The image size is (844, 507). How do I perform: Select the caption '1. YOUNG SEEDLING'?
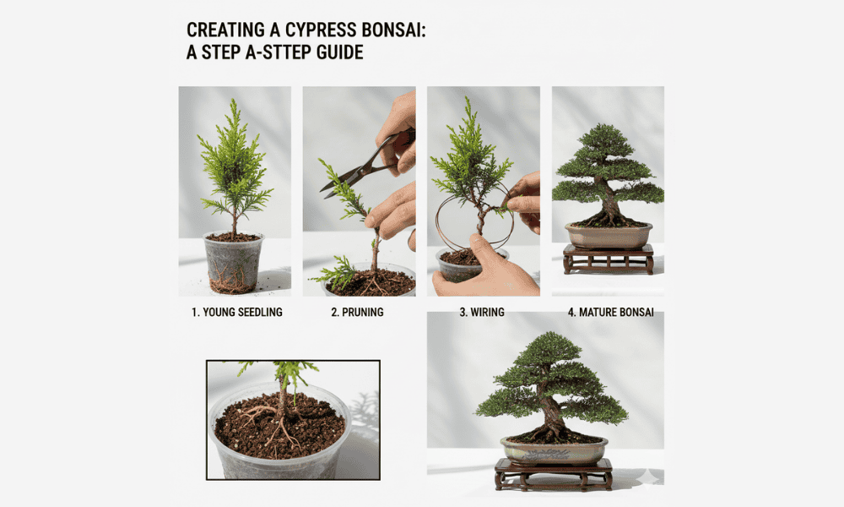[237, 312]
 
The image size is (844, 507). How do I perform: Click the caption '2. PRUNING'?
[357, 312]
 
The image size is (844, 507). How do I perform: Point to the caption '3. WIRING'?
[482, 312]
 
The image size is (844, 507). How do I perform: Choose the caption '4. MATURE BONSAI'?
[611, 312]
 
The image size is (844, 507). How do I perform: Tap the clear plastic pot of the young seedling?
[234, 263]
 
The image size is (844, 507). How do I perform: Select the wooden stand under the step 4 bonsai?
[609, 259]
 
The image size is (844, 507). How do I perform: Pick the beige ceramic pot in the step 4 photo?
[609, 236]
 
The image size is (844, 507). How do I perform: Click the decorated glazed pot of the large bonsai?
[554, 450]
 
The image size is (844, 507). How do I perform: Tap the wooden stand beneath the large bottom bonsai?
[554, 474]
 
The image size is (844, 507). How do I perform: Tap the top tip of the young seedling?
[234, 100]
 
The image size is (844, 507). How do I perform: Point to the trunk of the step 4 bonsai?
[609, 202]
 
